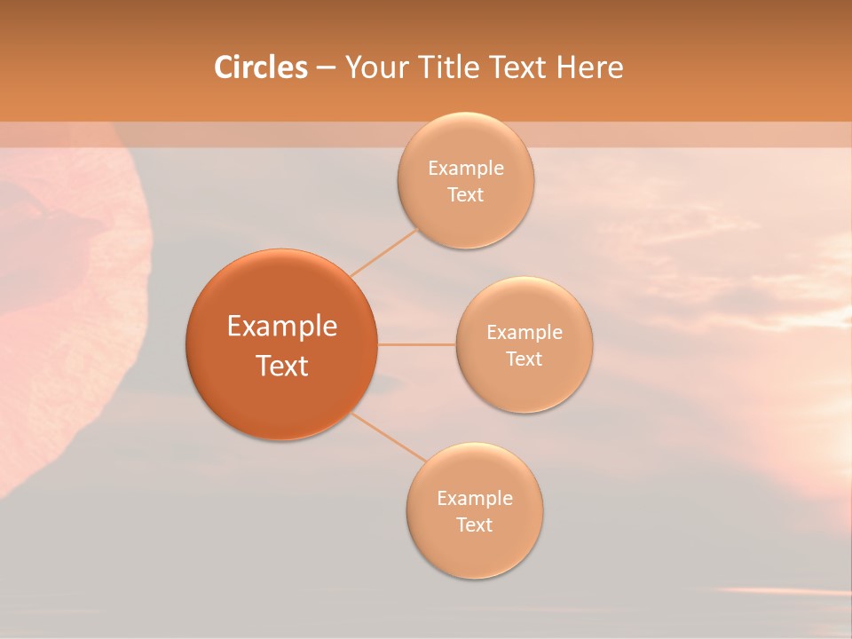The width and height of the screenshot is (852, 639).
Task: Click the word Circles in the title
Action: pos(260,67)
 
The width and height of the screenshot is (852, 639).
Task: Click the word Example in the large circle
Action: pos(282,327)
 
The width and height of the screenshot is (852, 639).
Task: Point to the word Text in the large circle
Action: pos(282,366)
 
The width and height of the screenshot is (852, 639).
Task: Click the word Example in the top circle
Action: pos(466,169)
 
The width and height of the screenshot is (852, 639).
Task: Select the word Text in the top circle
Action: pos(466,195)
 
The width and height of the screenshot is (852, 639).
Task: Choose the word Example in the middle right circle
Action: pos(525,333)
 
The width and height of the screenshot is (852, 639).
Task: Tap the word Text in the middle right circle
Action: pos(525,359)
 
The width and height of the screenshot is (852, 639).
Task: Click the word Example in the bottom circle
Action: pos(475,499)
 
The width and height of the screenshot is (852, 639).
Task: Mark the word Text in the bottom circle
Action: pos(475,525)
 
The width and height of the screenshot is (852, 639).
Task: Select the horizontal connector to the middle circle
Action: pos(417,344)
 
